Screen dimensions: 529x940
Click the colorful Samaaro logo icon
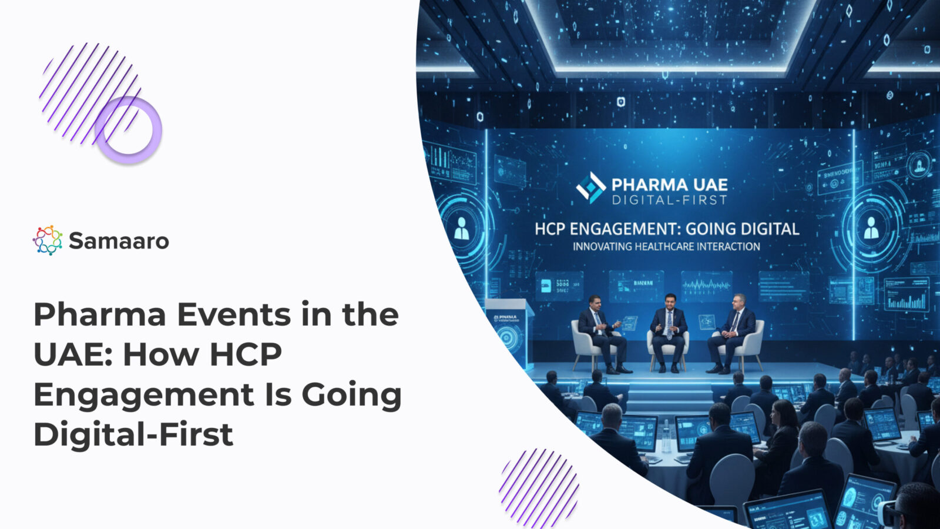(48, 240)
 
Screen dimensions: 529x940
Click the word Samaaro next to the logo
(119, 241)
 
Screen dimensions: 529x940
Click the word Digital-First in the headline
(133, 434)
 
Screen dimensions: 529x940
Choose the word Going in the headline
(351, 394)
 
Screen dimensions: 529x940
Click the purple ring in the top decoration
(128, 130)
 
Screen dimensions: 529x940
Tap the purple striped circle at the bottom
(539, 487)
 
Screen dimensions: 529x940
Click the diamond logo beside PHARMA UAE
(590, 188)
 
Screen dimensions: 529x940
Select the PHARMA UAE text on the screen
(669, 185)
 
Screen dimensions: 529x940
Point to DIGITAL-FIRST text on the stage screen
(669, 200)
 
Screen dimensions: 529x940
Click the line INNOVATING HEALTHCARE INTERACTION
(666, 247)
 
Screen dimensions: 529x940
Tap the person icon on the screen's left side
(462, 229)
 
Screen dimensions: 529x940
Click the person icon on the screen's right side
(871, 227)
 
